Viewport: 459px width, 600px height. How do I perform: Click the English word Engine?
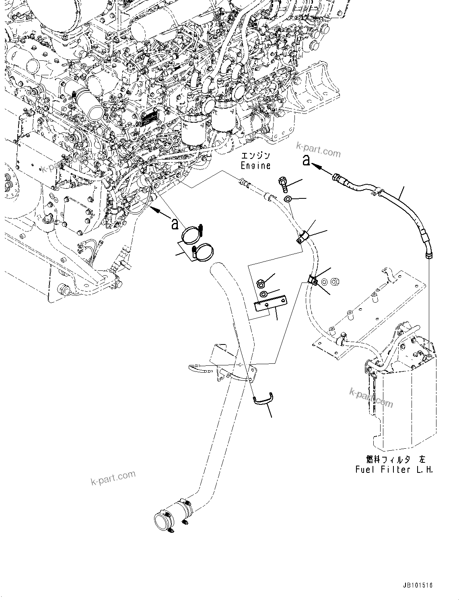[255, 165]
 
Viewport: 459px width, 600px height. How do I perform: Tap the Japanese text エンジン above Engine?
[255, 155]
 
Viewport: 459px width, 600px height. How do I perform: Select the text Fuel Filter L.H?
[394, 470]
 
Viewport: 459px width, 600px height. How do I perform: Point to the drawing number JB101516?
[416, 586]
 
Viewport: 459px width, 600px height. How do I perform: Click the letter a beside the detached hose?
[307, 161]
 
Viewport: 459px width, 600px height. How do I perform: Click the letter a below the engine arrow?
[175, 224]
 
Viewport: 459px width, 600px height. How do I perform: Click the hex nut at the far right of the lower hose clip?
[338, 280]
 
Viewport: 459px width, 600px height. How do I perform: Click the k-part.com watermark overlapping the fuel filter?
[371, 397]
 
